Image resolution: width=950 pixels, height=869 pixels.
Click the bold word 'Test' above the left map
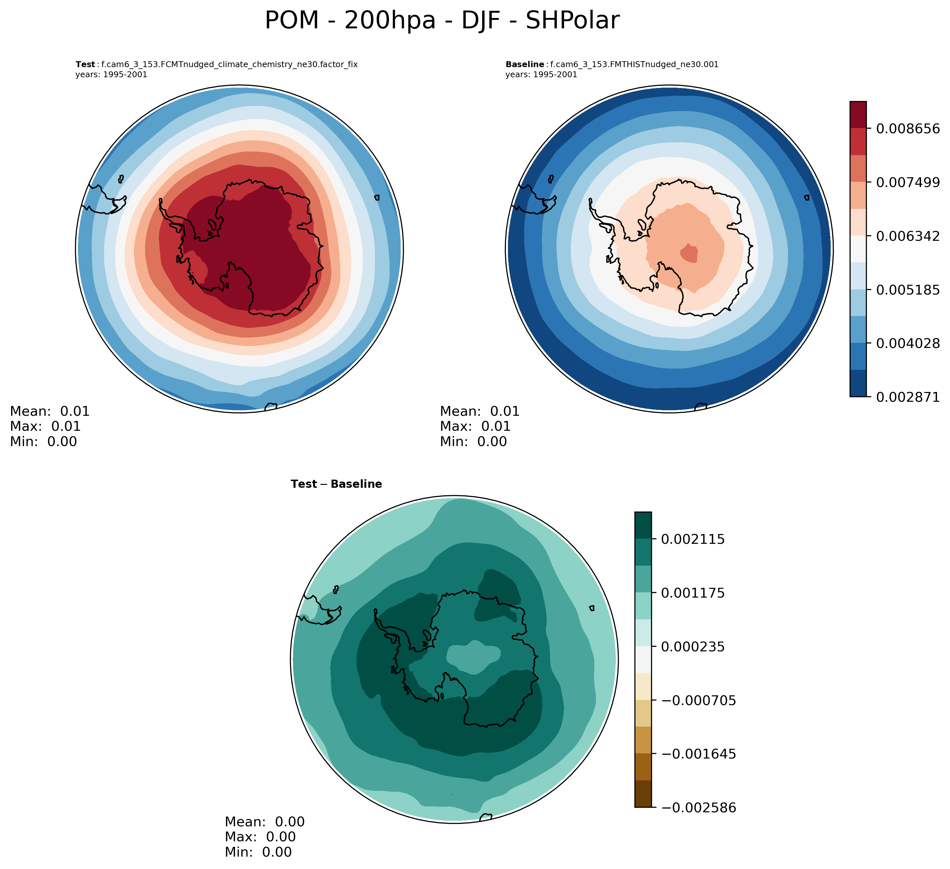point(85,65)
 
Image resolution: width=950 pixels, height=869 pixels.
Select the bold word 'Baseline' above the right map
point(525,65)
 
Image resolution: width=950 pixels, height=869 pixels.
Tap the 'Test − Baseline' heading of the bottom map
point(336,484)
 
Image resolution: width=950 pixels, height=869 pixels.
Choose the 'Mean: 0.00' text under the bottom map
point(264,822)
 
